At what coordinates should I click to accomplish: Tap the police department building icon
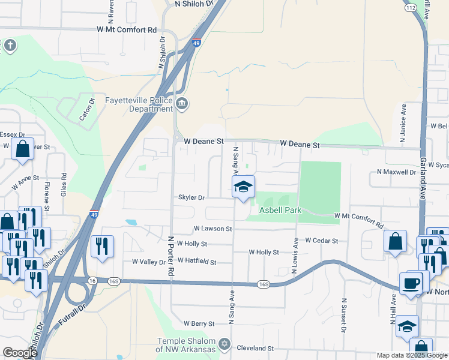coord(182,106)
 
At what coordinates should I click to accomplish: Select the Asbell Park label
coord(280,211)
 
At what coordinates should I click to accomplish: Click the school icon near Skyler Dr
coord(243,187)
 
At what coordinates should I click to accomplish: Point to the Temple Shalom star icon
coord(224,344)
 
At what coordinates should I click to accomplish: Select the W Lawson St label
coord(212,229)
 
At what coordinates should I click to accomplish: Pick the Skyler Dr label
coord(191,197)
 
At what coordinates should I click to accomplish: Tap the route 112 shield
coord(411,8)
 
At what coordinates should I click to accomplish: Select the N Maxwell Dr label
coord(396,172)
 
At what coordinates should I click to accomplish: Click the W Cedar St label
coord(322,241)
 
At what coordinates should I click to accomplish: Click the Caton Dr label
coord(88,109)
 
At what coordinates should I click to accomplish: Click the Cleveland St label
coord(255,348)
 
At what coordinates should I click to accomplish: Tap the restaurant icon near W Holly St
coord(101,245)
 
